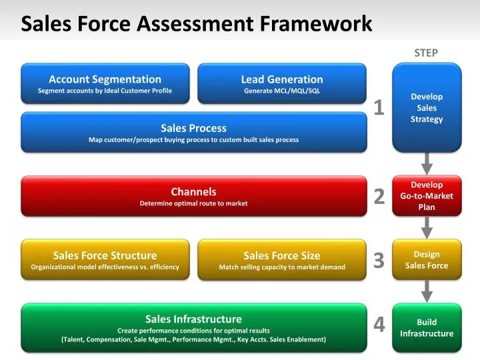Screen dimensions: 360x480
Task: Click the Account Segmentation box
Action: coord(105,83)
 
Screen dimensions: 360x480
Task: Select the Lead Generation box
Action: coord(282,83)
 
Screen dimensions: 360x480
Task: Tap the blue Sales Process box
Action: coord(193,132)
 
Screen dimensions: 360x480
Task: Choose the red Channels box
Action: coord(193,196)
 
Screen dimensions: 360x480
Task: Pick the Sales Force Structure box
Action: coord(105,259)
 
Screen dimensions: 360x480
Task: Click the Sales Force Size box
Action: coord(282,259)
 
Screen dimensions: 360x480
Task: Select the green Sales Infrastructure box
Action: coord(193,327)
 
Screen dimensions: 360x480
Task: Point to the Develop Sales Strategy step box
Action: coord(427,107)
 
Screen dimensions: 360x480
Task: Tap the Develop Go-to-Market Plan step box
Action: coord(427,196)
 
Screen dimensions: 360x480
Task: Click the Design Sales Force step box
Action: coord(427,259)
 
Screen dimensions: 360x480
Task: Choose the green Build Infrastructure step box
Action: coord(427,327)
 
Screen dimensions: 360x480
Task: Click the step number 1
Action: coord(379,107)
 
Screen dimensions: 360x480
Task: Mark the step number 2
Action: coord(379,196)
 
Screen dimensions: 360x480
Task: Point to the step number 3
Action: coord(379,260)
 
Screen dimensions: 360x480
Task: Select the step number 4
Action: coord(379,324)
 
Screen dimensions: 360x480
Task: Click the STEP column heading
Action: coord(426,53)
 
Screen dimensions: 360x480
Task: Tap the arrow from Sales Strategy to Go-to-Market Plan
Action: coord(427,163)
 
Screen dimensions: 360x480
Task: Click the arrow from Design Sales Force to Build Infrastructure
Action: coord(427,290)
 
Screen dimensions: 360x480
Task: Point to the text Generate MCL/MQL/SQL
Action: coord(282,91)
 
